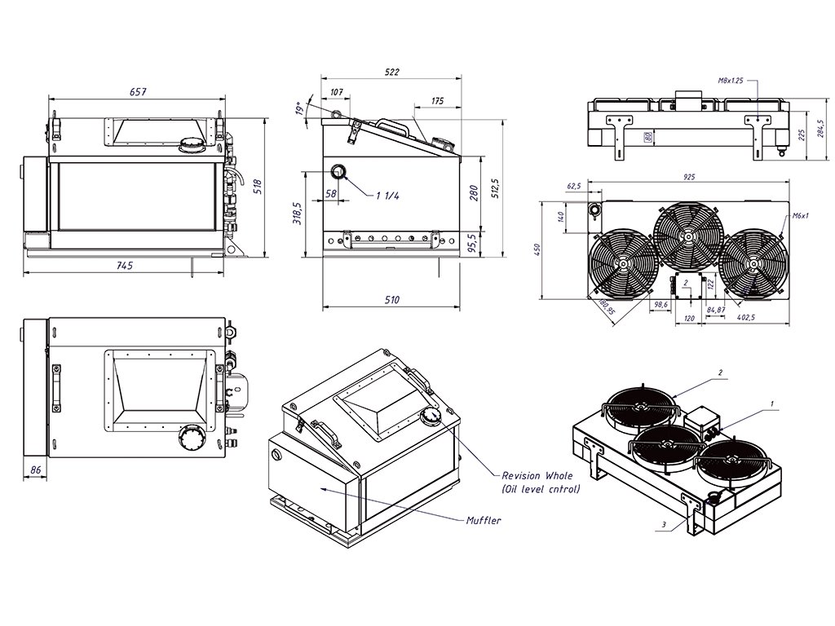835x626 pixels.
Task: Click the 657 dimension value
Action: tap(138, 92)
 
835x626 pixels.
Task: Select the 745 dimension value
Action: tap(124, 265)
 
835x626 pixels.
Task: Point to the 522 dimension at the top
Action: tap(391, 73)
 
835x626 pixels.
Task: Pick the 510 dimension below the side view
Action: tap(391, 300)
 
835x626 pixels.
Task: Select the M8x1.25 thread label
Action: tap(731, 81)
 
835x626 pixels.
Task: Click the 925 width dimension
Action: tap(689, 176)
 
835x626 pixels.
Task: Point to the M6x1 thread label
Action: tap(799, 216)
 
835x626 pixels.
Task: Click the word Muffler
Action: tap(484, 520)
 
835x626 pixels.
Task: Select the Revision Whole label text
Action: tap(537, 475)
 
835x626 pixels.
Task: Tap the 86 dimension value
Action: tap(35, 470)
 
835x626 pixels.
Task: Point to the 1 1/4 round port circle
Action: tap(338, 172)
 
